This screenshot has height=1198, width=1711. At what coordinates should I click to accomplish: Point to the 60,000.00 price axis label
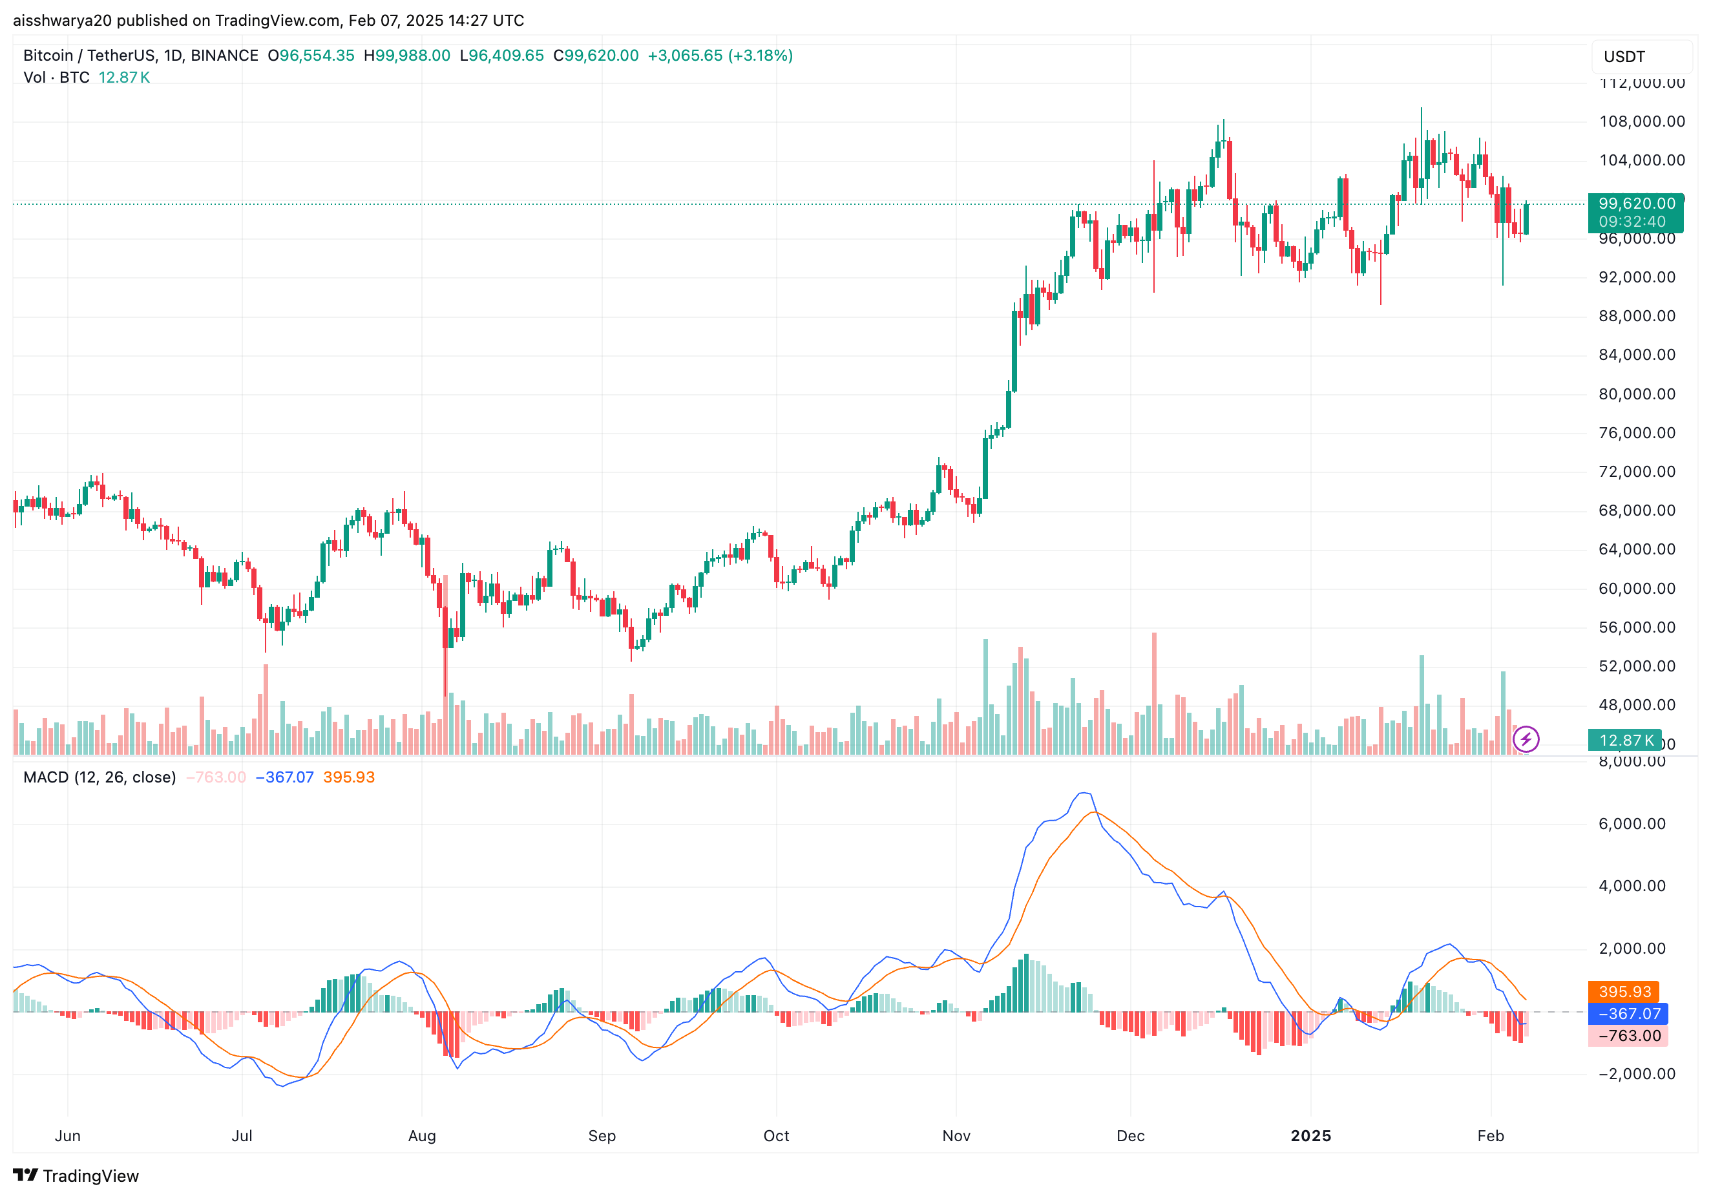(x=1637, y=589)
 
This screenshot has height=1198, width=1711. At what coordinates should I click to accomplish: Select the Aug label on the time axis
(x=422, y=1135)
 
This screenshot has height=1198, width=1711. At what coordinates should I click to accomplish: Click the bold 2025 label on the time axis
(x=1310, y=1135)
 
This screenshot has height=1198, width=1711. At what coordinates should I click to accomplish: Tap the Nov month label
(x=956, y=1135)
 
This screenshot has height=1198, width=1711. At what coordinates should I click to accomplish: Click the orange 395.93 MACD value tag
(x=1624, y=992)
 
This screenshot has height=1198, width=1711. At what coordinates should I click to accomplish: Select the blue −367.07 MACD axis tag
(x=1628, y=1013)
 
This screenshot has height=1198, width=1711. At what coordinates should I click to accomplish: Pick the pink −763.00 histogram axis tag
(x=1628, y=1036)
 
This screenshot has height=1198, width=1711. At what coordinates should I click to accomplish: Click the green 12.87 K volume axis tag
(x=1624, y=740)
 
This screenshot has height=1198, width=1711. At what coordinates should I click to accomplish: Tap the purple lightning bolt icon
(x=1526, y=739)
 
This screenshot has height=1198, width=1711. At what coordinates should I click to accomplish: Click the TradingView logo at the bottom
(x=76, y=1175)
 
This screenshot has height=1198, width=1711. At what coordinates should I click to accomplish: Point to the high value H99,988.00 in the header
(x=407, y=56)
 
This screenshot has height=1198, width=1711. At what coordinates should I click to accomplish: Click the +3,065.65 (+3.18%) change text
(x=720, y=56)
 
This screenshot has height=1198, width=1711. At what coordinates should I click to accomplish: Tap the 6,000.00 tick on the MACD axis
(x=1632, y=824)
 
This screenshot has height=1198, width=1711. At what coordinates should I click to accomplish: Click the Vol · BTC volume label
(x=56, y=78)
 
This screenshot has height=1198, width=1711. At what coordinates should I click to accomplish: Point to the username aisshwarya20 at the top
(x=63, y=20)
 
